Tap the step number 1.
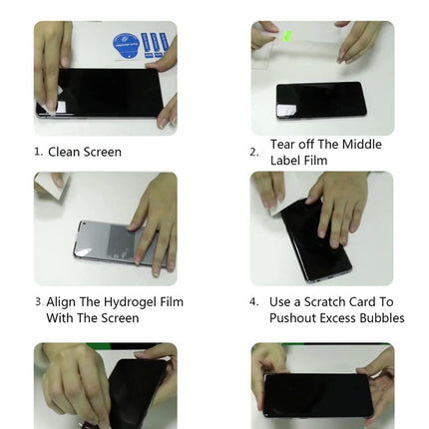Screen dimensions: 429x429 pyautogui.click(x=38, y=153)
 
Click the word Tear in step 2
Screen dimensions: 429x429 pyautogui.click(x=282, y=145)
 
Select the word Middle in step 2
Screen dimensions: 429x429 pyautogui.click(x=362, y=145)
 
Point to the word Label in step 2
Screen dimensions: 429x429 pyautogui.click(x=285, y=161)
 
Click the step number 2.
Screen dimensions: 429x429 pyautogui.click(x=253, y=153)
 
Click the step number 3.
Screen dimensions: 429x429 pyautogui.click(x=38, y=302)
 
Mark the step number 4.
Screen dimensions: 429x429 pyautogui.click(x=253, y=302)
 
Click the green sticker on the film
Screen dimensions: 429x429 pyautogui.click(x=287, y=35)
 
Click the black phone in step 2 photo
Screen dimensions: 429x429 pyautogui.click(x=321, y=101)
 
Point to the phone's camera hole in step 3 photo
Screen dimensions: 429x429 pyautogui.click(x=84, y=223)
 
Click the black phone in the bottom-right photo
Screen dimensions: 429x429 pyautogui.click(x=318, y=396)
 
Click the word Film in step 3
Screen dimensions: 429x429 pyautogui.click(x=172, y=302)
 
